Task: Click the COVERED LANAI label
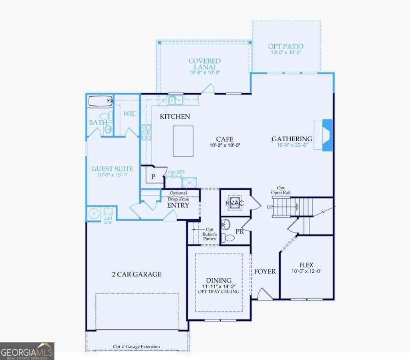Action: point(205,64)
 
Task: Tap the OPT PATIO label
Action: point(285,46)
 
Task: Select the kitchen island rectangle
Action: point(183,141)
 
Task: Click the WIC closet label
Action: point(130,114)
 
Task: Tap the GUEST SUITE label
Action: point(112,169)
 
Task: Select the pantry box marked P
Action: point(153,176)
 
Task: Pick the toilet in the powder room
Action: point(229,238)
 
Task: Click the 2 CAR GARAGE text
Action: point(137,274)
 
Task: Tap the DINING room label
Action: point(219,280)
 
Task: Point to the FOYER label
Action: point(265,272)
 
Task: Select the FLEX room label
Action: point(307,265)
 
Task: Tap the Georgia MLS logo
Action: point(27,351)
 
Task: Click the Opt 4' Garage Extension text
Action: point(136,346)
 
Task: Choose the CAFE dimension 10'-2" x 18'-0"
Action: point(225,146)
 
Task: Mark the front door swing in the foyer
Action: point(264,295)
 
